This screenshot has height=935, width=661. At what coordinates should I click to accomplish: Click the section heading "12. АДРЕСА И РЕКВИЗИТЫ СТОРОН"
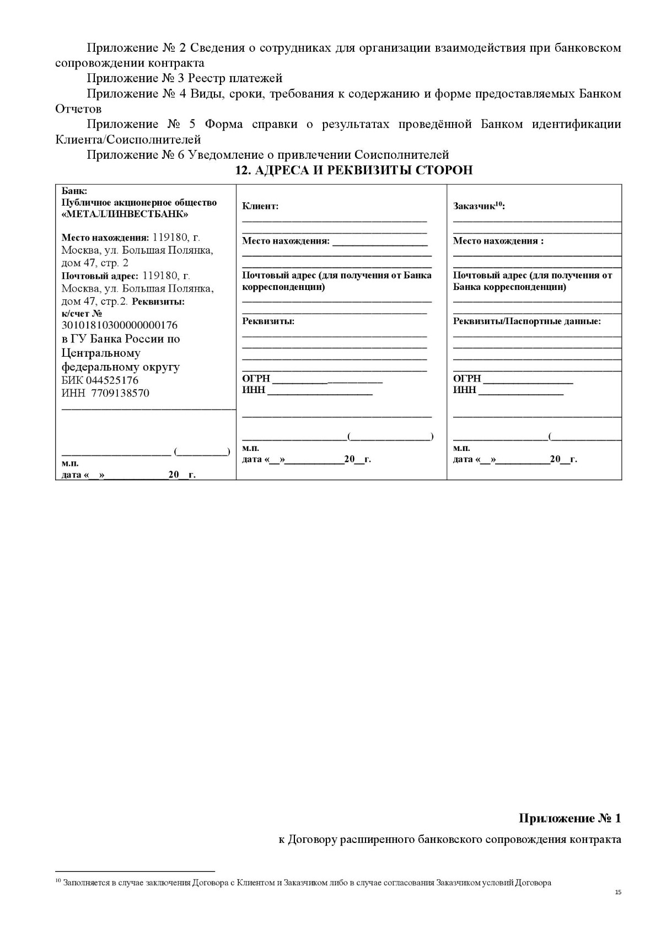click(x=353, y=170)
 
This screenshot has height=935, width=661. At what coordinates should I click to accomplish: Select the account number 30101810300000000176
click(x=119, y=325)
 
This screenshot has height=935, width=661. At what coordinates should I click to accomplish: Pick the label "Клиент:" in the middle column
click(x=260, y=206)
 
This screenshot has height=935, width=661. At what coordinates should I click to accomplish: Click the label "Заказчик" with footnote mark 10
click(x=477, y=206)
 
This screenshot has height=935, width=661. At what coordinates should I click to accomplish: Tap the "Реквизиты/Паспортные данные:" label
click(x=526, y=321)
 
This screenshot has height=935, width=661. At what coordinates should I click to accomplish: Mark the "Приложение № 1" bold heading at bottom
click(x=569, y=818)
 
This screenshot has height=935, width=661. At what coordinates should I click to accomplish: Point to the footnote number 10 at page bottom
click(x=58, y=881)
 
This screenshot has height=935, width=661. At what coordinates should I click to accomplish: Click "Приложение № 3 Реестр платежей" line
click(x=184, y=78)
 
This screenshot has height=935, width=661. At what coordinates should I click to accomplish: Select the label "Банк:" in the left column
click(x=74, y=191)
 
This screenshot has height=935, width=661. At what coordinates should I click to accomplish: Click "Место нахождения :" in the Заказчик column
click(x=498, y=241)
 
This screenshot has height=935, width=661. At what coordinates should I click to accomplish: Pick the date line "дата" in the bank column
click(x=128, y=475)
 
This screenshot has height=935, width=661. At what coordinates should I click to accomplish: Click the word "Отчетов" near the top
click(x=78, y=109)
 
